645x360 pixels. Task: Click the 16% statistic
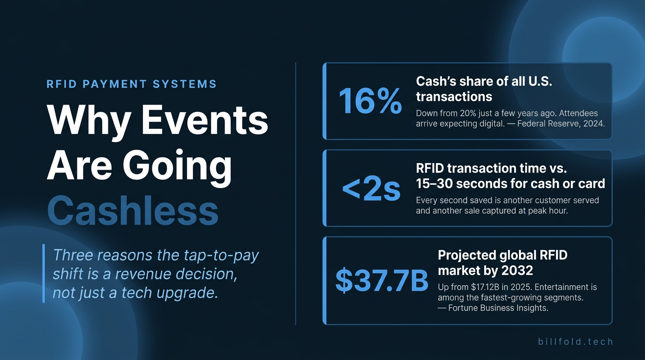[x=370, y=101]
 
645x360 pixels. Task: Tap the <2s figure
[x=371, y=188]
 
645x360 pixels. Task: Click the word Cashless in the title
[x=133, y=210]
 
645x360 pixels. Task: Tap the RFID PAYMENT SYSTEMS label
[x=132, y=84]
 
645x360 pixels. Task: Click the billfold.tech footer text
[x=575, y=342]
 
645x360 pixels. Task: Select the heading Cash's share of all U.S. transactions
[x=484, y=89]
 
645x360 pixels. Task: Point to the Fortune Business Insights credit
[x=498, y=308]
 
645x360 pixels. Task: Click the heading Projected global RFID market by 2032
[x=502, y=262]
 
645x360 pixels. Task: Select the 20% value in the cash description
[x=469, y=113]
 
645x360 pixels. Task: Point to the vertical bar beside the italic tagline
[x=44, y=273]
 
